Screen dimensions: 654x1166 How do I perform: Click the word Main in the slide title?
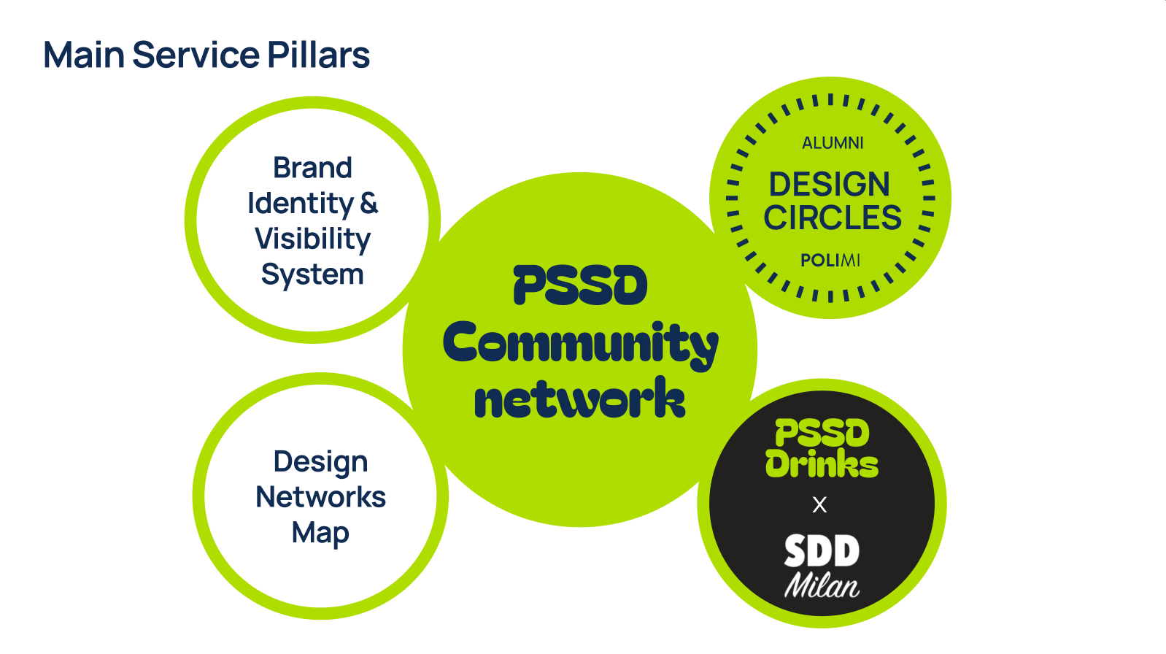(83, 55)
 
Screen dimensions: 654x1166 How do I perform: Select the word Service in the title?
(196, 55)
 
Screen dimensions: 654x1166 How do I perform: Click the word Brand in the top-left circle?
(312, 168)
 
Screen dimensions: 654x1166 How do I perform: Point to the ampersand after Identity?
(369, 203)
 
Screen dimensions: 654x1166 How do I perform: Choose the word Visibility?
(312, 239)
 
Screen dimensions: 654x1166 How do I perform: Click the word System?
(312, 274)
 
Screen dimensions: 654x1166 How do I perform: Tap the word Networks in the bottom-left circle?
(320, 497)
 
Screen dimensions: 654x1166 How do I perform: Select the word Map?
(320, 533)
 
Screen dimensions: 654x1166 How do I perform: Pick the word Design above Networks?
(320, 461)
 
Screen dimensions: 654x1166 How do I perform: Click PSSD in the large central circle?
(580, 285)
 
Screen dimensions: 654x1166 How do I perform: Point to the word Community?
(580, 344)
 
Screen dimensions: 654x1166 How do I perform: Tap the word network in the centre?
(580, 400)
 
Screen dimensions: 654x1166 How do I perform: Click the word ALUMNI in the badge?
(833, 143)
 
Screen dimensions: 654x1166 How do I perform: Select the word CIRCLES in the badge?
(833, 218)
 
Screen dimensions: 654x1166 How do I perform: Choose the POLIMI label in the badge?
(830, 261)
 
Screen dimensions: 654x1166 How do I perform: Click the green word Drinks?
(822, 464)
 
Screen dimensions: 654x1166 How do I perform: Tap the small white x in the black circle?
(819, 504)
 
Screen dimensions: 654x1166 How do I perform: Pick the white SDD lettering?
(822, 552)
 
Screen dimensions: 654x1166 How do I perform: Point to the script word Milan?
(822, 585)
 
